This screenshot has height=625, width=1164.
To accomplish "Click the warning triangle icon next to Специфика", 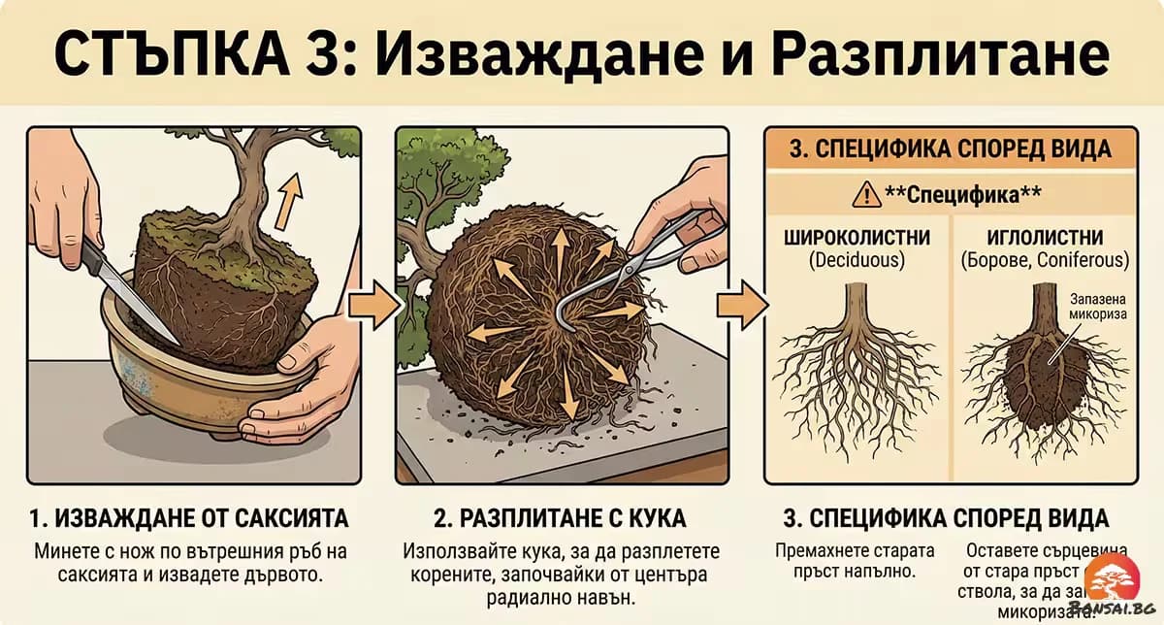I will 861,195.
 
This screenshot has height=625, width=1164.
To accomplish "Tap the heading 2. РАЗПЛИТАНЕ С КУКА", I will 562,516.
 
